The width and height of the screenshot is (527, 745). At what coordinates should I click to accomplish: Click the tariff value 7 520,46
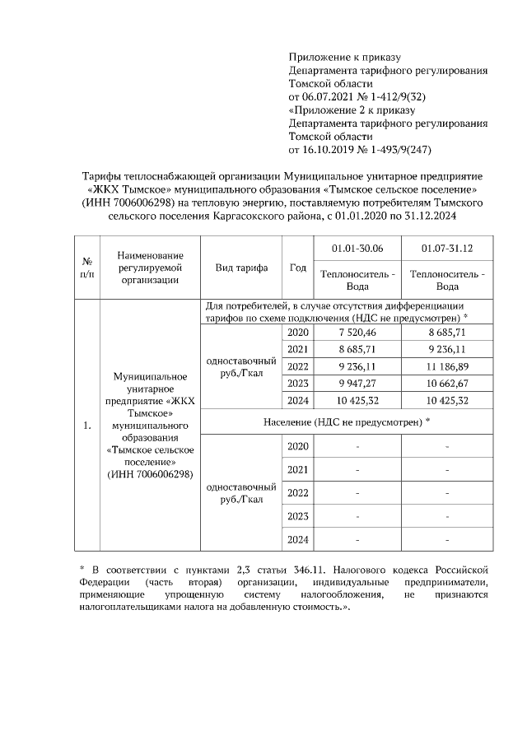(357, 333)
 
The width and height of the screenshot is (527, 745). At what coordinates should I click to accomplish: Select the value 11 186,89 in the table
(446, 366)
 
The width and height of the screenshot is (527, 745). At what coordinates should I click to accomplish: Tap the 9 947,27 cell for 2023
(357, 384)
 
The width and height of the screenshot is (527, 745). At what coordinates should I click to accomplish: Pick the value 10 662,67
(446, 384)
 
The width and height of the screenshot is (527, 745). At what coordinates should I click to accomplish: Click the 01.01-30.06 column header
(357, 248)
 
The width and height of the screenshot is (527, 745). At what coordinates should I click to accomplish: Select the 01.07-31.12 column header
(446, 248)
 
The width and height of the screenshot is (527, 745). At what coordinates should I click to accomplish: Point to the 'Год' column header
(298, 268)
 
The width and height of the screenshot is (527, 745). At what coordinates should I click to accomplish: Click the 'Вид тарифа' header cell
(241, 268)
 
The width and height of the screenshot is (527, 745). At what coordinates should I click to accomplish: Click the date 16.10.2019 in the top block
(326, 150)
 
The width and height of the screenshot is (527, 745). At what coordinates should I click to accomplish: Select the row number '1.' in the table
(86, 426)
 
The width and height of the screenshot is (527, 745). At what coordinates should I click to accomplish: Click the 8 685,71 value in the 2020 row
(446, 333)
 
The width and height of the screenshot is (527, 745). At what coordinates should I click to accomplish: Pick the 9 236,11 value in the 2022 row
(357, 366)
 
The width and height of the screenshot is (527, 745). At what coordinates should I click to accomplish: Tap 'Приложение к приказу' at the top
(343, 58)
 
